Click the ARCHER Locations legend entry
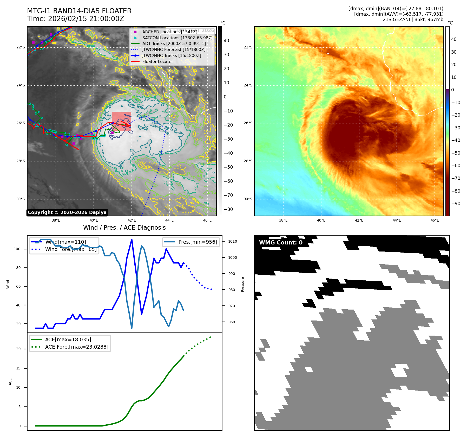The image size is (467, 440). coord(169,32)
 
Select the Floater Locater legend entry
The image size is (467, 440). coord(157,62)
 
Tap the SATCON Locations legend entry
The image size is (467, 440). coord(177,38)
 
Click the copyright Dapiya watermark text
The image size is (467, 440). coord(67,212)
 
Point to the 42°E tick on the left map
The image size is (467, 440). coord(132,220)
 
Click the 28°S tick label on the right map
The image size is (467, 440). coord(248,161)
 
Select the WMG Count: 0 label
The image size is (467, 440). coord(281,243)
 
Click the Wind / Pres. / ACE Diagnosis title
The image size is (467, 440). coord(124,228)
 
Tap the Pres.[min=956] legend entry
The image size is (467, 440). coord(198,242)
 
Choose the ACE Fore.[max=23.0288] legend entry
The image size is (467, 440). coord(77,347)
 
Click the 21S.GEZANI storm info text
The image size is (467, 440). coord(413,20)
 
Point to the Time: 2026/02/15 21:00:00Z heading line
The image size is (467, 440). coord(75,19)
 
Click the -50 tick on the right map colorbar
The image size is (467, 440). coord(456,153)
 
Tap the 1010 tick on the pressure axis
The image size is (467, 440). coord(233,241)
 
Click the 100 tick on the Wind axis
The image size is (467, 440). coord(17,249)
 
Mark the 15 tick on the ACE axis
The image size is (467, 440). coord(18,368)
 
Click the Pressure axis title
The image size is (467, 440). coord(243,284)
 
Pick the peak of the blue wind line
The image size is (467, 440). coord(132,239)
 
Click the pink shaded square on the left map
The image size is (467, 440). coord(121,121)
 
